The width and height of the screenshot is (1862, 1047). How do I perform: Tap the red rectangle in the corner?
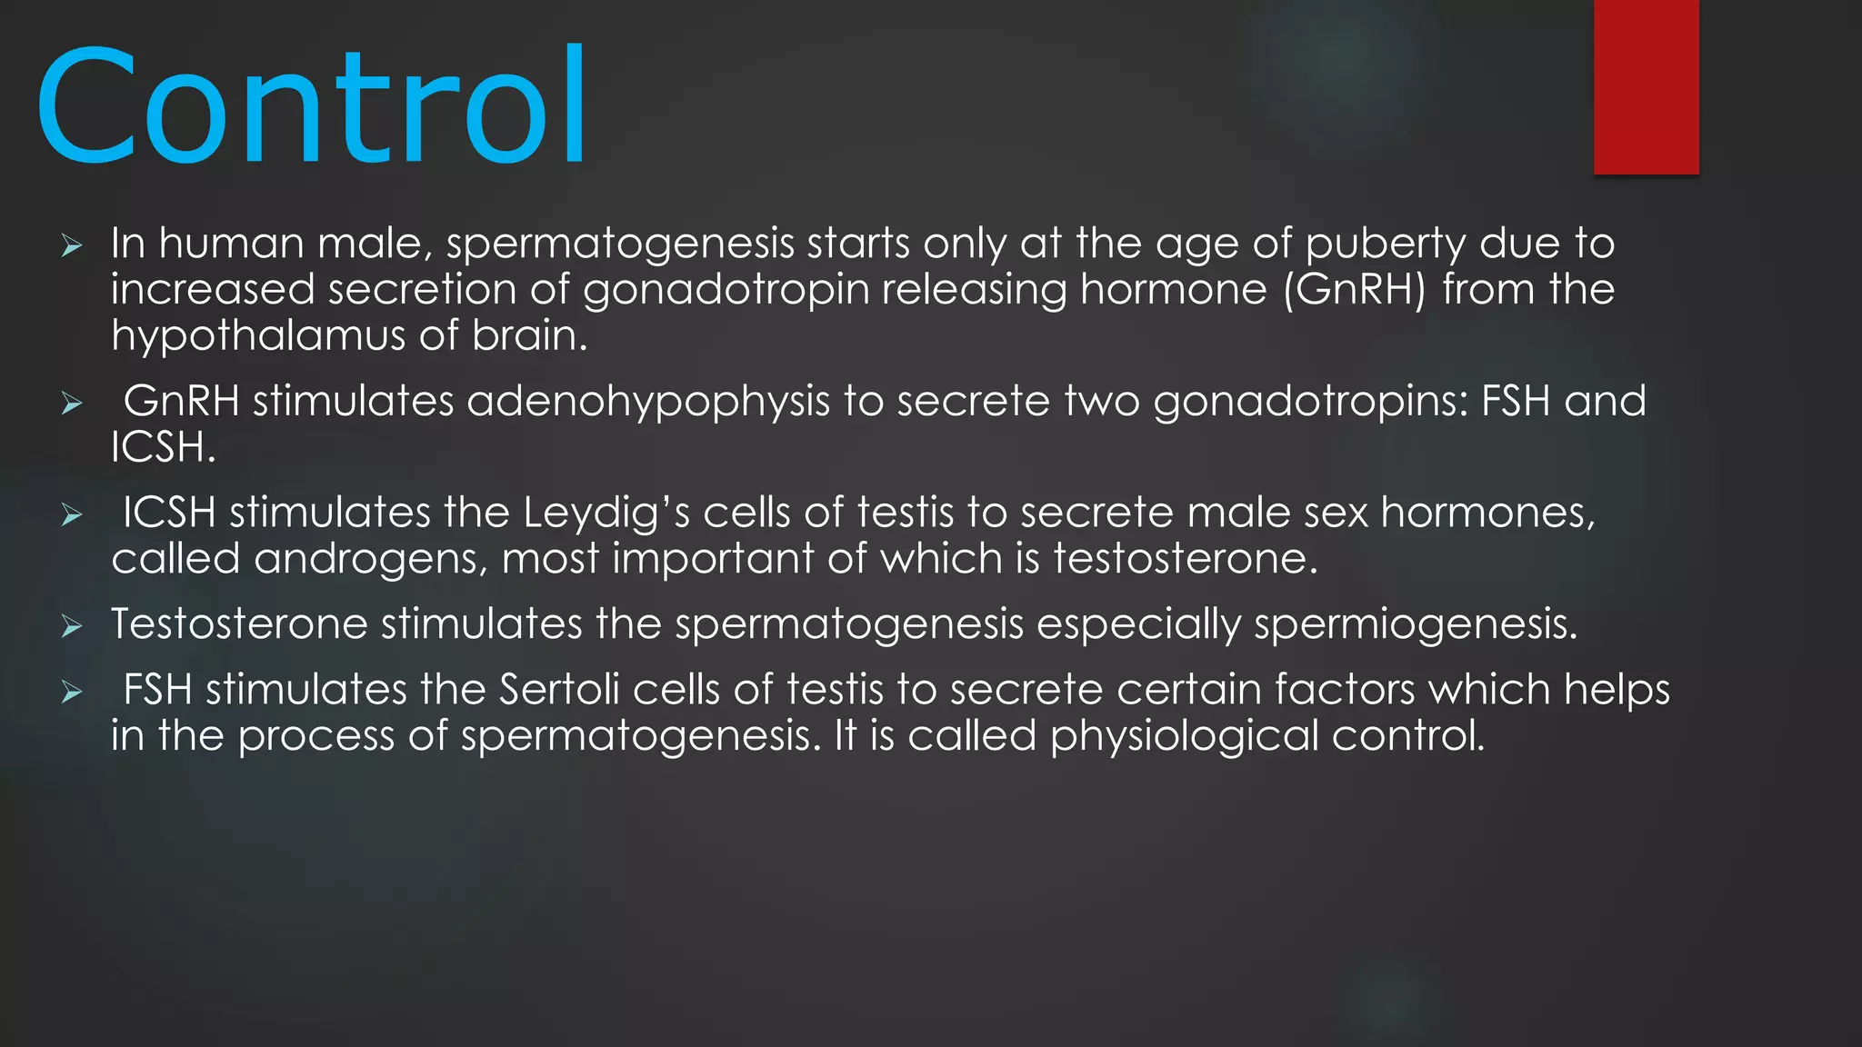tap(1646, 86)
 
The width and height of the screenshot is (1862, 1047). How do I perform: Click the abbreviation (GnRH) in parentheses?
tap(1355, 290)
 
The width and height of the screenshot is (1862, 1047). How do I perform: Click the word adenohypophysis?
tap(648, 402)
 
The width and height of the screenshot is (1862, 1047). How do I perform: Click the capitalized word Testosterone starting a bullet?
tap(239, 624)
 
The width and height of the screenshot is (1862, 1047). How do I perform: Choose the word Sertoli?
tap(559, 690)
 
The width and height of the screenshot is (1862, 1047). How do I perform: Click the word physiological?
tap(1184, 736)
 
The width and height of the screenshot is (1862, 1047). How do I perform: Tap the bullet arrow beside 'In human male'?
tap(72, 245)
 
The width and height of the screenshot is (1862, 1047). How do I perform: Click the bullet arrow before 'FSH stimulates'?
tap(72, 693)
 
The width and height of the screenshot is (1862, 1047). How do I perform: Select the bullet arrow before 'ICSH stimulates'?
tap(72, 515)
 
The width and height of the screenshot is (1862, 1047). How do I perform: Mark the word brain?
tap(529, 336)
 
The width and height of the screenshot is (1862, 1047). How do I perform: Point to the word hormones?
tap(1487, 514)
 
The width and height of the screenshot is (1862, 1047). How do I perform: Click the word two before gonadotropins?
tap(1102, 402)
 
